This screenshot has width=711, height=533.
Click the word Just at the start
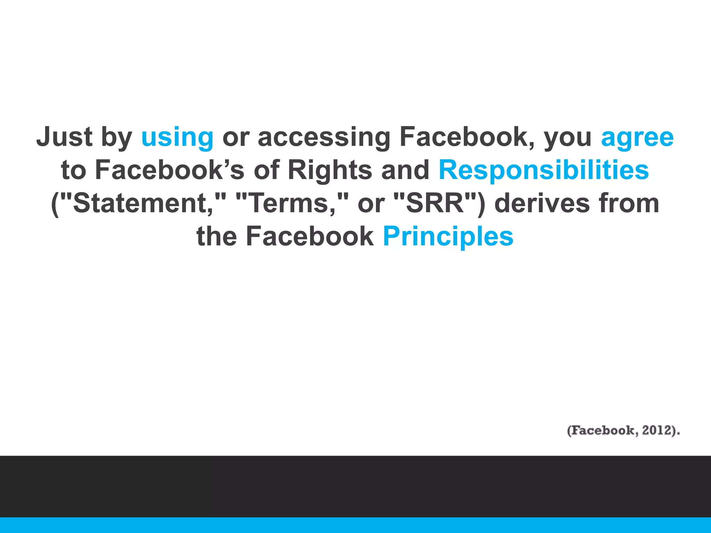pos(65,137)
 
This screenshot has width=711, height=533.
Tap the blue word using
pos(177,137)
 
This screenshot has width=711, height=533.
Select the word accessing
pos(324,137)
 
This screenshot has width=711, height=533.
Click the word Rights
pos(330,170)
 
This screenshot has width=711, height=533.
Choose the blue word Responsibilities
pos(544,170)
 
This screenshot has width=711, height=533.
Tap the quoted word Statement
pos(139,203)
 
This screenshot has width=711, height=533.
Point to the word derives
pos(542,203)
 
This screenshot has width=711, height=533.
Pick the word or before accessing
pos(236,137)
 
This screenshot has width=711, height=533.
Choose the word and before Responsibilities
pos(405,170)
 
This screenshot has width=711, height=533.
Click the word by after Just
pos(116,137)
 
